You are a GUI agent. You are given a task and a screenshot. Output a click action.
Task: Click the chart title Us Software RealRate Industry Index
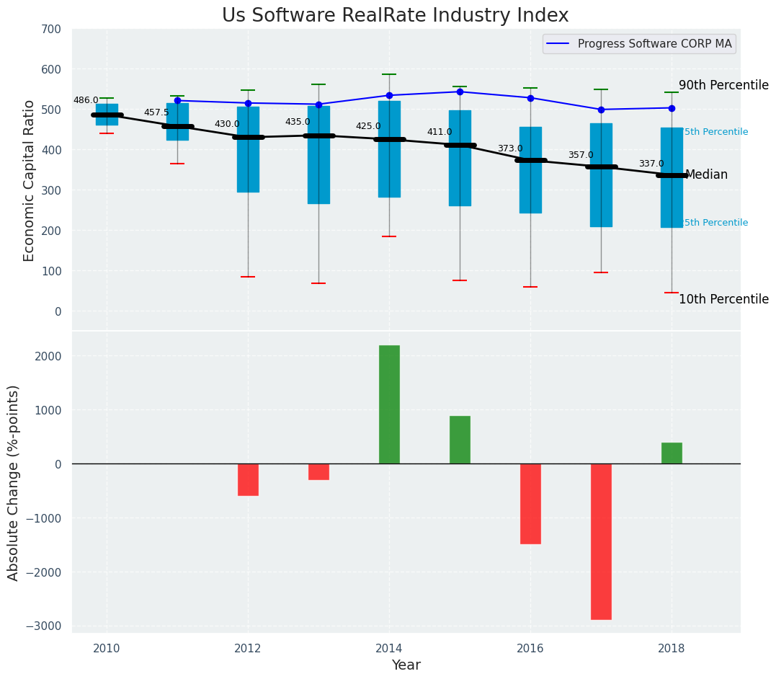pyautogui.click(x=395, y=16)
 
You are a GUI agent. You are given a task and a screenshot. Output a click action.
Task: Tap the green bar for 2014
pyautogui.click(x=389, y=404)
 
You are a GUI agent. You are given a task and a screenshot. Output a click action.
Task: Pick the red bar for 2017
pyautogui.click(x=601, y=541)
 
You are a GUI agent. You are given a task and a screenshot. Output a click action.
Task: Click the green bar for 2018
pyautogui.click(x=672, y=453)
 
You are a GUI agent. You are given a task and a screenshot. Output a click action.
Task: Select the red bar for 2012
pyautogui.click(x=248, y=479)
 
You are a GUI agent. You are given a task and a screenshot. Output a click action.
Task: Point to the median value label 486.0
pyautogui.click(x=86, y=100)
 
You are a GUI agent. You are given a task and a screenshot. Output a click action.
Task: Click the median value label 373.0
pyautogui.click(x=510, y=148)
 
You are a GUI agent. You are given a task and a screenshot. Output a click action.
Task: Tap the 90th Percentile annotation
pyautogui.click(x=723, y=85)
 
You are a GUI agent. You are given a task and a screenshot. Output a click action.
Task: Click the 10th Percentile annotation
pyautogui.click(x=723, y=299)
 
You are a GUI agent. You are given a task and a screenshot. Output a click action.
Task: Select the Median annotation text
pyautogui.click(x=706, y=174)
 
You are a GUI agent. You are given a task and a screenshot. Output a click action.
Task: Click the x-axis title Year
pyautogui.click(x=406, y=665)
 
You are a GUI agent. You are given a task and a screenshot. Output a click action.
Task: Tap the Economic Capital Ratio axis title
pyautogui.click(x=29, y=181)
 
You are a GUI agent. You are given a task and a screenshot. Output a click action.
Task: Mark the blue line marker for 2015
pyautogui.click(x=460, y=92)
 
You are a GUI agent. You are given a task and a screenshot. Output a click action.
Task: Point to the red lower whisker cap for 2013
pyautogui.click(x=318, y=283)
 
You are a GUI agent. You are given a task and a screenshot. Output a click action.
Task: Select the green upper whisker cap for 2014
pyautogui.click(x=389, y=74)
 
